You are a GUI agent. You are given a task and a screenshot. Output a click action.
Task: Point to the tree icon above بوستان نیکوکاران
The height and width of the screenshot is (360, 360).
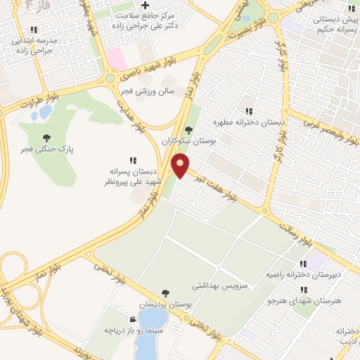pyautogui.click(x=188, y=129)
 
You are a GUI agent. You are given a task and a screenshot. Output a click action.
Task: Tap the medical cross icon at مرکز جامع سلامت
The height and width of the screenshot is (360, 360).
pyautogui.click(x=145, y=5)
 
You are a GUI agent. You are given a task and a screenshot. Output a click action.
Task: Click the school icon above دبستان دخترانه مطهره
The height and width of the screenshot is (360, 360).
pyautogui.click(x=249, y=110)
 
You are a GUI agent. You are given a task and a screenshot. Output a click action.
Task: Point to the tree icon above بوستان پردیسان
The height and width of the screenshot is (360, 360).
pyautogui.click(x=165, y=292)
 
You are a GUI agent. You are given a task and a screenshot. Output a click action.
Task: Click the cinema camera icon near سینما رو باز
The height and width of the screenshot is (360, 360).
pyautogui.click(x=133, y=319)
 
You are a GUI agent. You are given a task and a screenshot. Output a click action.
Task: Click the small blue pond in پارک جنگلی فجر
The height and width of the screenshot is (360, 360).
pyautogui.click(x=45, y=112)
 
